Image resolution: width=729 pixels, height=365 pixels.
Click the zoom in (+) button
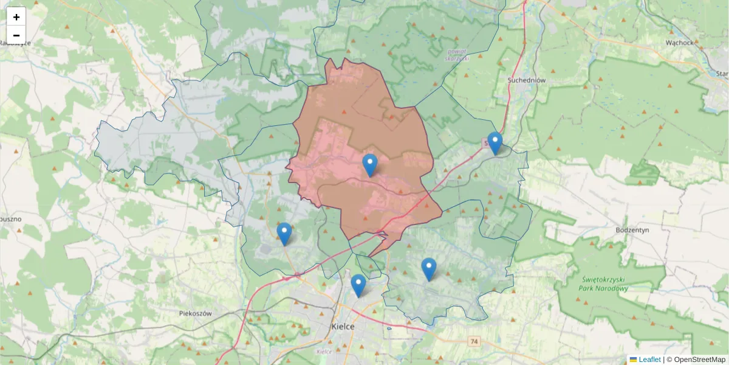(x=16, y=17)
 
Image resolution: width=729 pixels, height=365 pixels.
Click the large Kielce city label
(x=344, y=326)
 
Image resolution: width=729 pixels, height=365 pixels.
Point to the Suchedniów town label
(x=527, y=80)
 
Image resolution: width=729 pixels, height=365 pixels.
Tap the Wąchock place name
(x=679, y=43)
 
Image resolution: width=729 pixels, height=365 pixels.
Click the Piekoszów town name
(x=195, y=313)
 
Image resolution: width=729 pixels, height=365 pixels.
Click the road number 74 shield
(x=474, y=342)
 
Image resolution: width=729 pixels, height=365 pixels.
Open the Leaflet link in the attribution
(x=649, y=360)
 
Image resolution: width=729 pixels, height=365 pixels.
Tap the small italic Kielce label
(x=324, y=351)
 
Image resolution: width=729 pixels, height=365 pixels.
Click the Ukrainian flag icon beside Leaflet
(x=633, y=360)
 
